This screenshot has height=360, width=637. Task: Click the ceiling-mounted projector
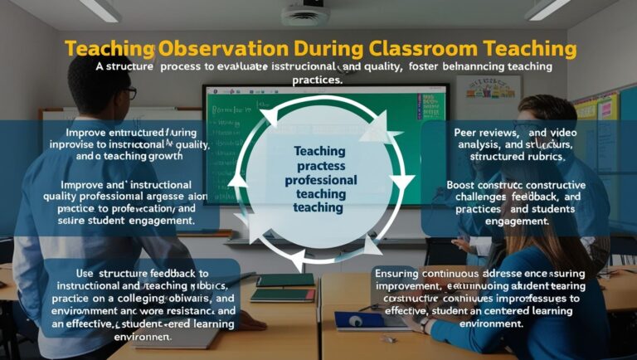(304, 13)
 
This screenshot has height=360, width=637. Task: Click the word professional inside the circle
(320, 179)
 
